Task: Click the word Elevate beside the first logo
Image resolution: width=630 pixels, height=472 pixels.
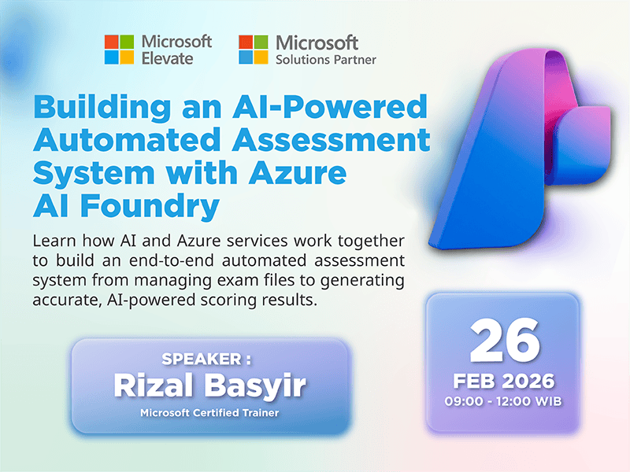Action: (x=167, y=57)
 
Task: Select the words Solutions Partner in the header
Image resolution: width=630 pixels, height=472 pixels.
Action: (x=325, y=59)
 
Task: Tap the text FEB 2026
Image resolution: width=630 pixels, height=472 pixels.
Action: (x=504, y=382)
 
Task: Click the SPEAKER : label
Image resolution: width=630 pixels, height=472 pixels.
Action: (x=206, y=359)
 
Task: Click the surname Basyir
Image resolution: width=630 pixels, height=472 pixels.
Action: (x=253, y=385)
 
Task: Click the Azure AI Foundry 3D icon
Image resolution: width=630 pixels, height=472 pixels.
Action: (x=520, y=157)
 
